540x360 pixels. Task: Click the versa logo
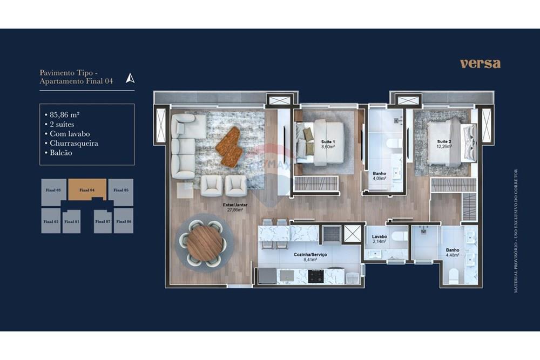coord(480,64)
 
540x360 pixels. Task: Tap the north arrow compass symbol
coord(130,78)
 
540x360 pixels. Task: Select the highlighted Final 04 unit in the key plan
coord(87,190)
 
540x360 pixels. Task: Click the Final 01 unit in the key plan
coord(71,221)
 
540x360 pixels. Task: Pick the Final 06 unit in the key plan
coord(123,221)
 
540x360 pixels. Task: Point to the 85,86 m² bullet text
coord(65,114)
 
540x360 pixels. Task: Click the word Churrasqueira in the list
coord(73,143)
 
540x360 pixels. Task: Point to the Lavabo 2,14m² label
coord(380,239)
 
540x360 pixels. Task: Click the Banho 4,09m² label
coord(379,176)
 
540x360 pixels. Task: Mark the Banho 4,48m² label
coord(453,253)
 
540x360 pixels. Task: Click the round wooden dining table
coord(204,242)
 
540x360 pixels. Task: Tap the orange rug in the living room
coord(229,146)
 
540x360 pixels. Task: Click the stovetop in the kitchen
coord(316,276)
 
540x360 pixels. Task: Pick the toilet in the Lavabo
coord(399,236)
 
